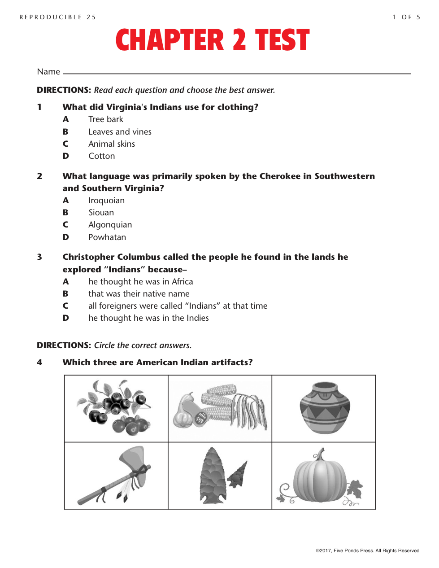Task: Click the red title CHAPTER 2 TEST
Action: click(x=212, y=40)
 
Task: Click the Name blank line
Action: click(x=237, y=73)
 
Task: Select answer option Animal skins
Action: click(x=111, y=144)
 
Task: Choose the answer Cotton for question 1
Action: click(x=101, y=156)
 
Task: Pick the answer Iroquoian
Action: click(x=106, y=201)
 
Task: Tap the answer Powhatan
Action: click(x=107, y=237)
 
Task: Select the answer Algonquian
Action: click(x=110, y=225)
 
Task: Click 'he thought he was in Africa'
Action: click(x=140, y=282)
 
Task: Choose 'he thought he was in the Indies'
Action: click(x=148, y=318)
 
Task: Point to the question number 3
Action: click(x=39, y=257)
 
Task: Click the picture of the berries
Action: click(x=116, y=408)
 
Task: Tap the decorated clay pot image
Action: click(x=325, y=408)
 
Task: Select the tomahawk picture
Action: click(x=116, y=476)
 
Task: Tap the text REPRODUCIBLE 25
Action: click(x=57, y=17)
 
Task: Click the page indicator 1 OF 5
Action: click(x=406, y=17)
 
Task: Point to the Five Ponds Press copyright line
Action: click(x=367, y=551)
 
